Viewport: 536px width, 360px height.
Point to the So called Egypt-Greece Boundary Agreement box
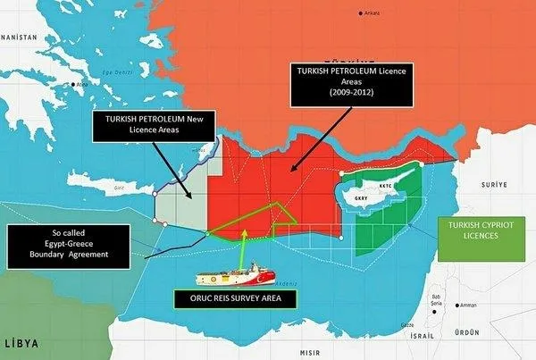60,243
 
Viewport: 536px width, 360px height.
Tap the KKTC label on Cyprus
385,187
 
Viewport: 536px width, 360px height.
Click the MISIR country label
311,352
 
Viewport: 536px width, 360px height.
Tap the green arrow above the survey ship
242,239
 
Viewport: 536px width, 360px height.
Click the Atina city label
82,85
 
